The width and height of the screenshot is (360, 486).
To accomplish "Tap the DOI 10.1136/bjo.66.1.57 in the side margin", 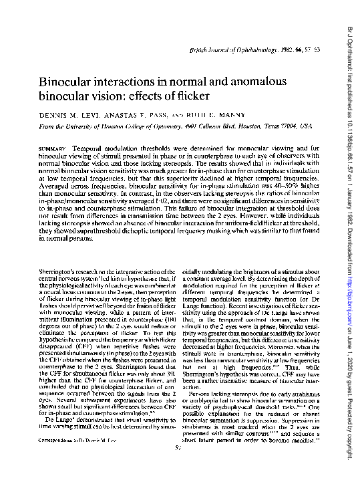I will (x=348, y=131).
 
